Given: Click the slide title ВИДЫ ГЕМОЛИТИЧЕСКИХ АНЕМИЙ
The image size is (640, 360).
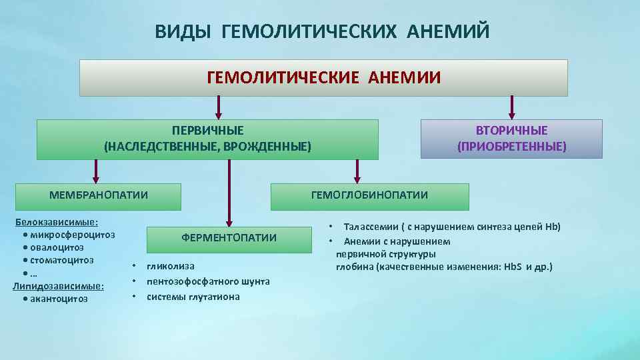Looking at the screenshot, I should [x=322, y=31].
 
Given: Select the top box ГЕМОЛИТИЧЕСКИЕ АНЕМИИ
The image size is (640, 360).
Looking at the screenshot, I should [x=323, y=78].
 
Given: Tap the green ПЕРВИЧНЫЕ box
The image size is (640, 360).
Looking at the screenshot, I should [x=207, y=139].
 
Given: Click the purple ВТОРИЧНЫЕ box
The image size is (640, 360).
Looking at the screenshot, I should [x=511, y=139].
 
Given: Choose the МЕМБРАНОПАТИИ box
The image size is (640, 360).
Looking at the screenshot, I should [x=99, y=195].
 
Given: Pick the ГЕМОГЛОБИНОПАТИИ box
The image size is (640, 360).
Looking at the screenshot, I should [x=369, y=195].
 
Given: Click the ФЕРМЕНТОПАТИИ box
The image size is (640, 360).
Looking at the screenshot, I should [x=229, y=238].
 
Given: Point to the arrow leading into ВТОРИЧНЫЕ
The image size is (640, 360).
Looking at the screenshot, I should [x=511, y=107].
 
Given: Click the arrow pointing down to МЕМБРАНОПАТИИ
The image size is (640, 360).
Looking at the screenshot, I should [x=96, y=171].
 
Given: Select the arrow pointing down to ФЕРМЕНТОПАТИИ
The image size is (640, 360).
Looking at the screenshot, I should [x=229, y=193].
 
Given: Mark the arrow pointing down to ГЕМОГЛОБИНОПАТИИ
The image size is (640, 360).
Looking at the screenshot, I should [x=357, y=171].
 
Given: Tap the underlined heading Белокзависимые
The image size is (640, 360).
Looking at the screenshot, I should [x=57, y=222].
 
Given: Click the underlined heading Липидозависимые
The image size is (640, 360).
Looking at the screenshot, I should [x=58, y=286].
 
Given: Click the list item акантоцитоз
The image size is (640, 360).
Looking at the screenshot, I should [x=59, y=299].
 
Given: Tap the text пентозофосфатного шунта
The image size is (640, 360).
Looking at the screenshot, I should [x=208, y=281].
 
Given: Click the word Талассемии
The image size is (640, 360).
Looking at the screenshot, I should [x=369, y=227].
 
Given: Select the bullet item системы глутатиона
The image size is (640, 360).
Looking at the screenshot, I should [x=193, y=297].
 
